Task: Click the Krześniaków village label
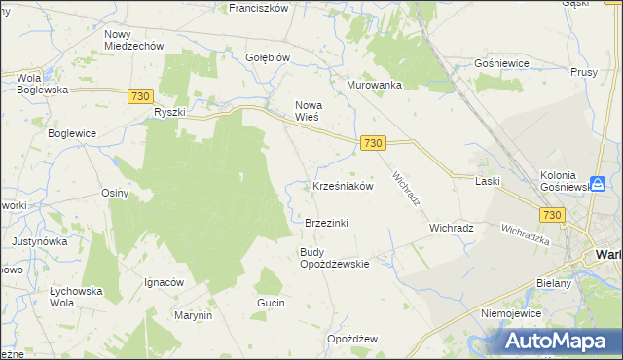point(343,186)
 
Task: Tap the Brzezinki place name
point(326,223)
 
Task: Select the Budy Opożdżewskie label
point(334,258)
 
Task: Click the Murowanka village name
point(375,85)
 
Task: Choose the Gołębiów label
point(269,57)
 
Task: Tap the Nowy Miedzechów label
point(133,40)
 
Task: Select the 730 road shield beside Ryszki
point(139,95)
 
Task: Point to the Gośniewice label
point(500,62)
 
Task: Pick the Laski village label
point(487,181)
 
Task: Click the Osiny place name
point(115,193)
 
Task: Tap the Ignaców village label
point(164,282)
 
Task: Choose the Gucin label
point(271,304)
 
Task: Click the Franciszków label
point(258,8)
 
